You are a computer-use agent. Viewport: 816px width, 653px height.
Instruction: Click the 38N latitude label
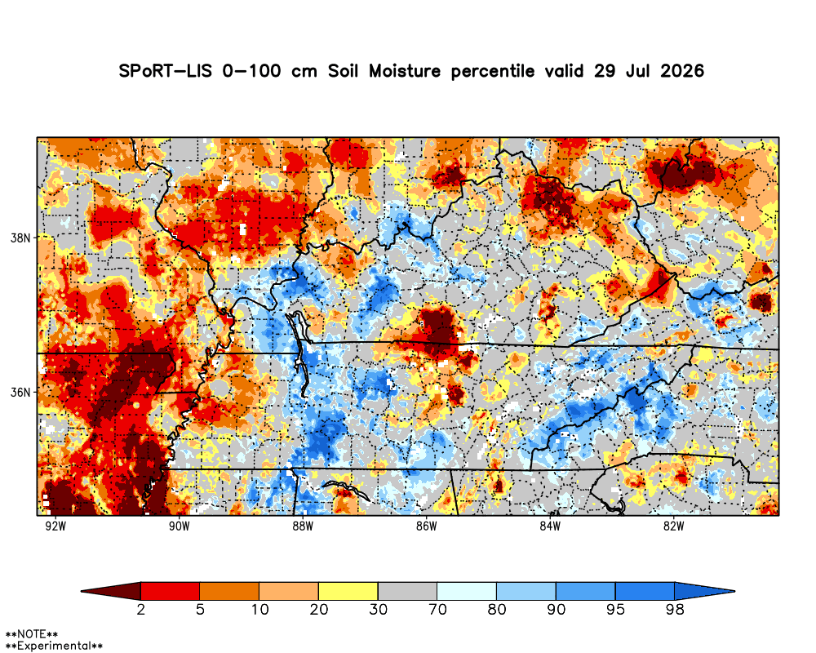pyautogui.click(x=21, y=238)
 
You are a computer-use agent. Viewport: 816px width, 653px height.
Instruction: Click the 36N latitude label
pyautogui.click(x=21, y=392)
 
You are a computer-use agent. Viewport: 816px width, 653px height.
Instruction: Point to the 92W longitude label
pyautogui.click(x=55, y=526)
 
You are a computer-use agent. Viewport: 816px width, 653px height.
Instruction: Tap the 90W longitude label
pyautogui.click(x=179, y=526)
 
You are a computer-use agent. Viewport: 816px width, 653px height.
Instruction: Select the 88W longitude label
pyautogui.click(x=303, y=526)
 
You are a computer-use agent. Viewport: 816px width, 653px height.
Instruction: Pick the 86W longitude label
pyautogui.click(x=426, y=526)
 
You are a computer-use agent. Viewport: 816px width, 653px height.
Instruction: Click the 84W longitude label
pyautogui.click(x=550, y=526)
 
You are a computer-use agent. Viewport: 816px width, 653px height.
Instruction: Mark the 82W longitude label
pyautogui.click(x=673, y=526)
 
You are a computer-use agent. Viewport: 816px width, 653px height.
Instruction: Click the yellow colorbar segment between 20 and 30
pyautogui.click(x=348, y=591)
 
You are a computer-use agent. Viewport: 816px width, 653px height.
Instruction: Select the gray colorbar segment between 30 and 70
pyautogui.click(x=407, y=591)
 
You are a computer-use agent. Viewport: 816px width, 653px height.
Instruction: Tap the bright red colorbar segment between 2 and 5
pyautogui.click(x=171, y=591)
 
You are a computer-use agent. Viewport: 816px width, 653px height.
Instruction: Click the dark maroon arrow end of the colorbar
pyautogui.click(x=111, y=591)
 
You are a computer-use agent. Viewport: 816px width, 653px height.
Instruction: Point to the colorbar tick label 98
pyautogui.click(x=675, y=609)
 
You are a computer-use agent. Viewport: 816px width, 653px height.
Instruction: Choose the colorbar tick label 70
pyautogui.click(x=437, y=609)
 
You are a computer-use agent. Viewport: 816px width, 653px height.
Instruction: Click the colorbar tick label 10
pyautogui.click(x=259, y=609)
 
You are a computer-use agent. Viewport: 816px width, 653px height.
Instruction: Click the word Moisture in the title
pyautogui.click(x=405, y=71)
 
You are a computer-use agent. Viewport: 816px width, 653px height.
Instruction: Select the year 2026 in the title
pyautogui.click(x=682, y=71)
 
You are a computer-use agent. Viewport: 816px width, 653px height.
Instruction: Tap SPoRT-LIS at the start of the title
pyautogui.click(x=166, y=71)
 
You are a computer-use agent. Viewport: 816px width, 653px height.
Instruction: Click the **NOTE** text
pyautogui.click(x=31, y=635)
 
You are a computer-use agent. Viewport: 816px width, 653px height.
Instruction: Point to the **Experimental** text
pyautogui.click(x=54, y=646)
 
